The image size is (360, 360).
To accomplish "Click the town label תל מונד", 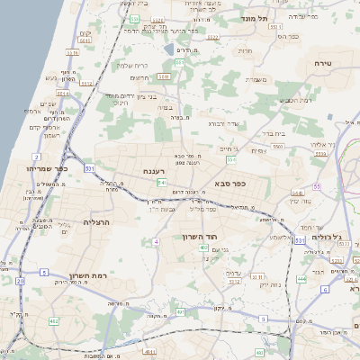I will click(260, 18).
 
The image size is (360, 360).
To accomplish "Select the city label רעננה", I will click(153, 170).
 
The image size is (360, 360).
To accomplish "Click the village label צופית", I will click(259, 151).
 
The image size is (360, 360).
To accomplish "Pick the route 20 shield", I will click(20, 281).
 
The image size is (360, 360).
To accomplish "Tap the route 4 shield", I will click(156, 241).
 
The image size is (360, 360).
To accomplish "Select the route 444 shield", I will click(301, 279).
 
